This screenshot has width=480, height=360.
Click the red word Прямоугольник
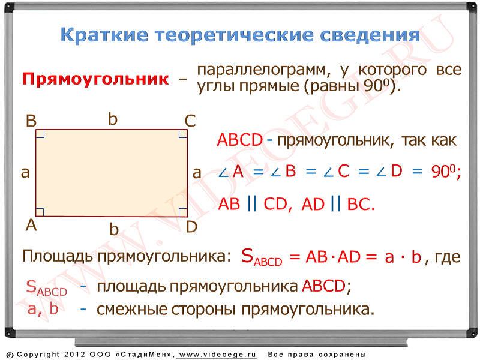(x=95, y=79)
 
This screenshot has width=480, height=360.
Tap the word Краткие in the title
(x=104, y=35)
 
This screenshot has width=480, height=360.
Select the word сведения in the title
(x=370, y=35)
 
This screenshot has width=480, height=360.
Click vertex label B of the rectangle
(x=31, y=121)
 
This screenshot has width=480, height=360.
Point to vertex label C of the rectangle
(x=190, y=121)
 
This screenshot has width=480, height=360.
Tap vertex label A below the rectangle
(x=31, y=226)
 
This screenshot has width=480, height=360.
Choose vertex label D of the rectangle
(x=191, y=227)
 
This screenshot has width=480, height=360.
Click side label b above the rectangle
(x=113, y=119)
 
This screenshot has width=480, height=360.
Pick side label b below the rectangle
(x=114, y=229)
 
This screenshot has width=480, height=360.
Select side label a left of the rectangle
(x=25, y=172)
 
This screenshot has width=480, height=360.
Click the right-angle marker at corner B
(x=40, y=134)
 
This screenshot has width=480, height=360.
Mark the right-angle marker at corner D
(x=183, y=212)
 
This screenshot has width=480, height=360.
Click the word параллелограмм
(x=264, y=70)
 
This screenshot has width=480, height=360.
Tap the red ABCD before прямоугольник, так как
(x=240, y=140)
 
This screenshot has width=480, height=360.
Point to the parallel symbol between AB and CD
(x=251, y=203)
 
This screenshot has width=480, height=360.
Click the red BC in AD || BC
(x=361, y=204)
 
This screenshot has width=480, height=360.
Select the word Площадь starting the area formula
(x=57, y=256)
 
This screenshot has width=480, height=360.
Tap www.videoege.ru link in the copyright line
(x=217, y=355)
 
